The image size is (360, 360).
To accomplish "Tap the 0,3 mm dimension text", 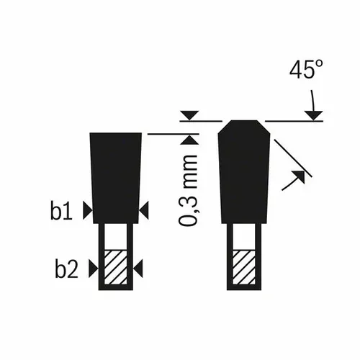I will (x=189, y=189).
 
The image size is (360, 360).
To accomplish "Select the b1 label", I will (x=63, y=210).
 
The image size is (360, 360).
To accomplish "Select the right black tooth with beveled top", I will (x=245, y=173).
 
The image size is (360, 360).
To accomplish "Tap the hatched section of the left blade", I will (x=114, y=269).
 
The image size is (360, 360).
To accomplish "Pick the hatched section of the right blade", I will (x=245, y=269).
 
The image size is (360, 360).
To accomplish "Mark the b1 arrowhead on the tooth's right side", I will (x=144, y=210).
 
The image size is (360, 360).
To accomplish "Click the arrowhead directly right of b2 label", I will (x=93, y=269).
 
